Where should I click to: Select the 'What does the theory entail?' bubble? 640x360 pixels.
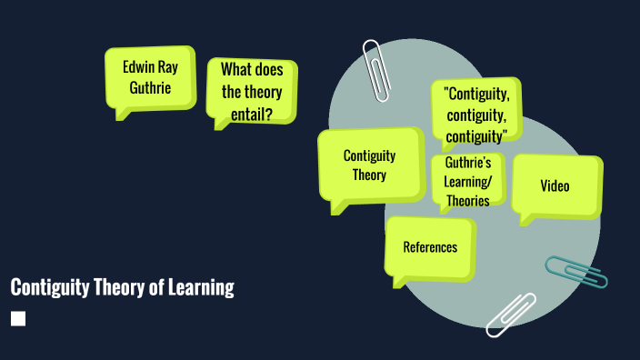pyautogui.click(x=252, y=91)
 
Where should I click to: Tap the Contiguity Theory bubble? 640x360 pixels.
pyautogui.click(x=370, y=166)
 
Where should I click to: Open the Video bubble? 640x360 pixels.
pyautogui.click(x=555, y=185)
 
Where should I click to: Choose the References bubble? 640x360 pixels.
pyautogui.click(x=430, y=247)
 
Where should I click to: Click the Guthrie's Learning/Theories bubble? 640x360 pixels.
pyautogui.click(x=468, y=182)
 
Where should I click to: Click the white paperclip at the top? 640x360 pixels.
pyautogui.click(x=374, y=68)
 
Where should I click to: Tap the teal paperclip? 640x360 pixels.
pyautogui.click(x=575, y=272)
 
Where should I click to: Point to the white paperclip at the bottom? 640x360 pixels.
pyautogui.click(x=510, y=315)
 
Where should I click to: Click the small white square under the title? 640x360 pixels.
pyautogui.click(x=18, y=318)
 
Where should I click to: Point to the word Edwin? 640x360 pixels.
pyautogui.click(x=135, y=66)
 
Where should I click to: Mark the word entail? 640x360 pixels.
pyautogui.click(x=252, y=114)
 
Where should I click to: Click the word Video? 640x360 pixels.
pyautogui.click(x=555, y=186)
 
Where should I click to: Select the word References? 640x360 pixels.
pyautogui.click(x=430, y=247)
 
